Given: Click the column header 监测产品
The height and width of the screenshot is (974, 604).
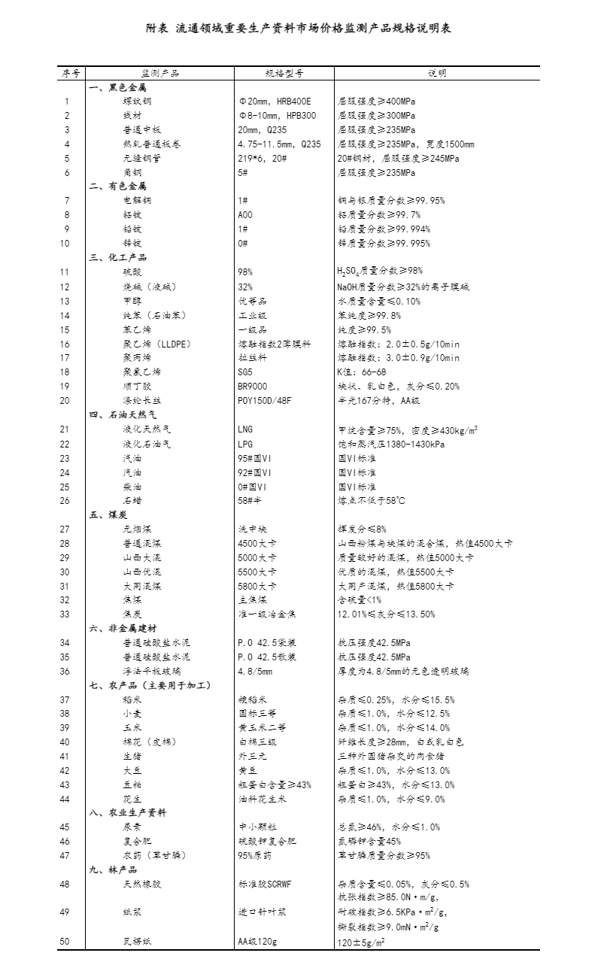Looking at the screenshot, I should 160,74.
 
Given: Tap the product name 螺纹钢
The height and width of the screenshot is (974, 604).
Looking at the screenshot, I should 137,102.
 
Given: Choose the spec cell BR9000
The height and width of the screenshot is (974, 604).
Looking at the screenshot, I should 253,386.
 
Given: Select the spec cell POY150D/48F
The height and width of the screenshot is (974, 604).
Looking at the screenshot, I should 264,400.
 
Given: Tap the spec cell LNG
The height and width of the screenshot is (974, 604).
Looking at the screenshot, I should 245,429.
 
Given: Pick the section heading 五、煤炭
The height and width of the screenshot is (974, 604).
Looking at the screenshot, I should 108,514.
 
